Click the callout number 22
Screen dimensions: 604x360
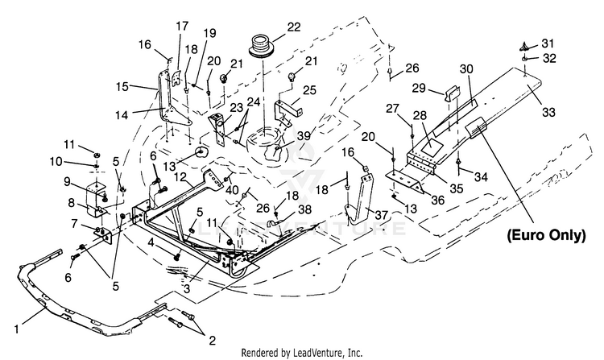tap(293, 27)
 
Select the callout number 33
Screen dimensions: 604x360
tap(548, 112)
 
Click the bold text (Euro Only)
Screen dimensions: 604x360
tap(547, 235)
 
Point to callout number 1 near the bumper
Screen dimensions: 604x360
tap(16, 329)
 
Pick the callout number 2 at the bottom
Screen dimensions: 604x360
tap(212, 341)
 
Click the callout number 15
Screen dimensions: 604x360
tap(122, 87)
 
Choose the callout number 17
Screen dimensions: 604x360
tap(182, 27)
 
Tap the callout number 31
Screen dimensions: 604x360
tap(548, 43)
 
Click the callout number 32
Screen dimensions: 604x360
tap(549, 58)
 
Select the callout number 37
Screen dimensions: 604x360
tap(381, 215)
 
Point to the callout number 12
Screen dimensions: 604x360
tap(180, 178)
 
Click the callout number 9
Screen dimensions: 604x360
tap(68, 181)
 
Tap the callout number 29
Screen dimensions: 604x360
tap(419, 88)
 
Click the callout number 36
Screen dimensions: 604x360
tap(437, 200)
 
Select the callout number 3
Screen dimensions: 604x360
tap(187, 288)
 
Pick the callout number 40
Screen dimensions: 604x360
tap(232, 190)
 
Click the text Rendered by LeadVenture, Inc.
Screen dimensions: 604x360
tap(302, 352)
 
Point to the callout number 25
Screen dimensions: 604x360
tap(309, 90)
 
